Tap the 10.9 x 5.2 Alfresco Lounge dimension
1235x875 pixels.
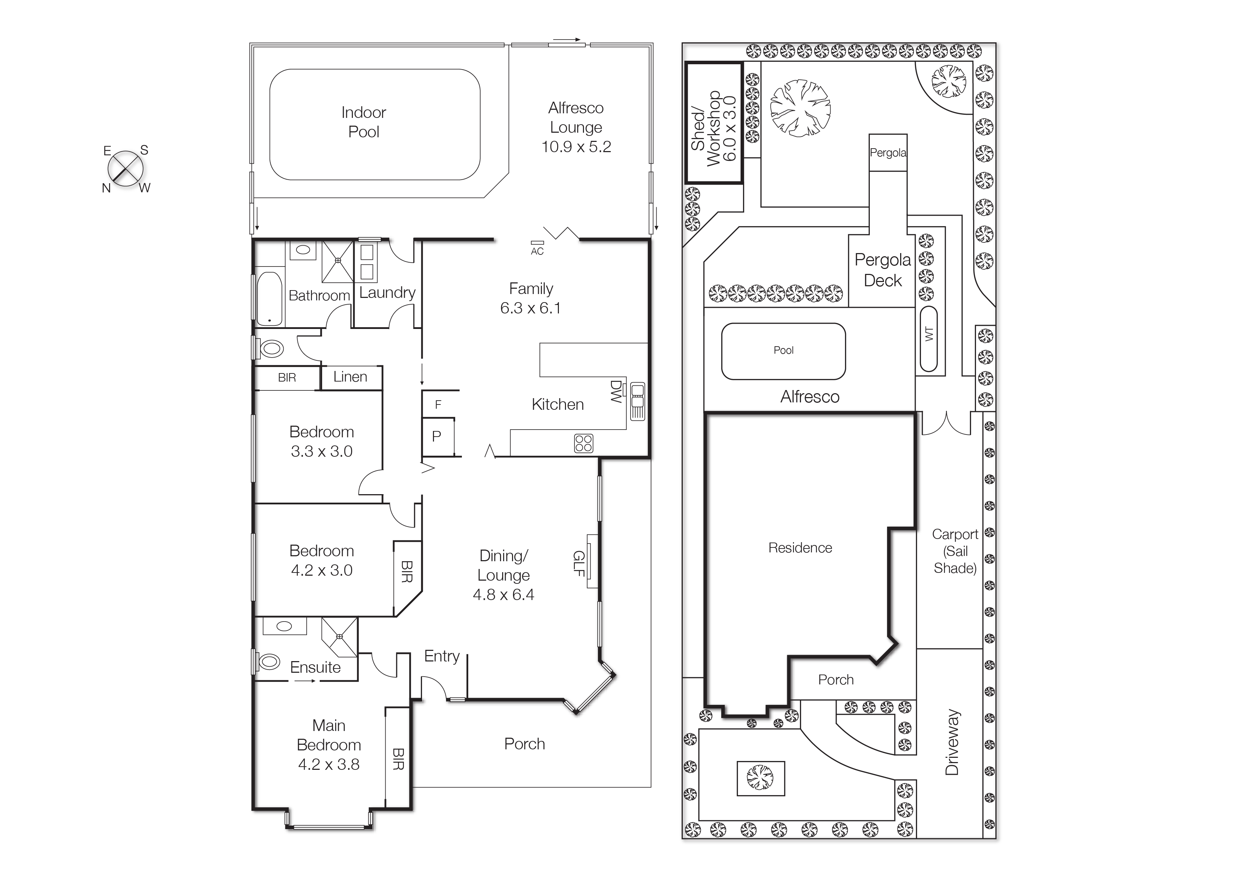pos(576,146)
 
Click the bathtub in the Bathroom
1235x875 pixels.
pos(269,299)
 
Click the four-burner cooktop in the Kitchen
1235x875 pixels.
pos(583,443)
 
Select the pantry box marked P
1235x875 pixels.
pos(437,436)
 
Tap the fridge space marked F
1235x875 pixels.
pos(438,404)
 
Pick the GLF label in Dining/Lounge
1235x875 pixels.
pos(579,563)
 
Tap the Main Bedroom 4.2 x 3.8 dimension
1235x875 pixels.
pos(329,764)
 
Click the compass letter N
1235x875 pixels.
pos(106,188)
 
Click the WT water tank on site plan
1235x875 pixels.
pos(928,338)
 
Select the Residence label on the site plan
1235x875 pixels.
pos(800,548)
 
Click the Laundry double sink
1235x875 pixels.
pos(367,262)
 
